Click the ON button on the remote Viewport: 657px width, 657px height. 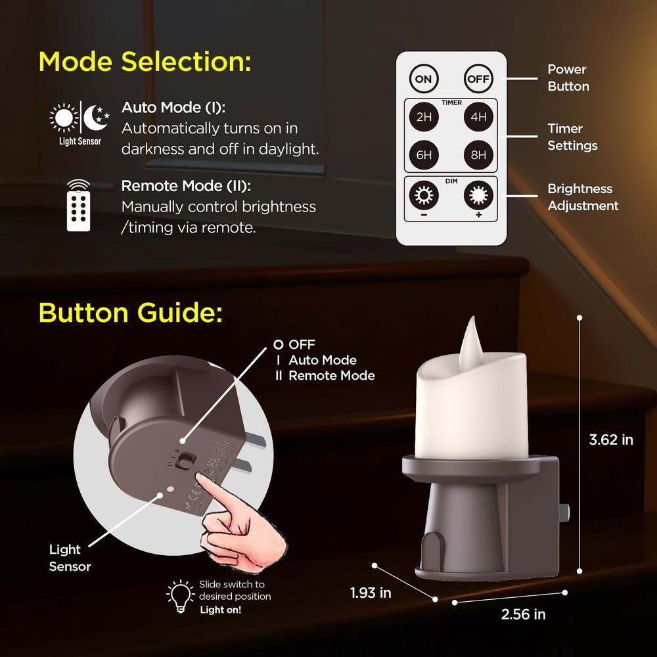pos(424,79)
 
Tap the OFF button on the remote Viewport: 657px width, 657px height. pos(479,79)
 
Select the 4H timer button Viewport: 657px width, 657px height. pos(479,118)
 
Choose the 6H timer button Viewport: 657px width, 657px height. pos(424,155)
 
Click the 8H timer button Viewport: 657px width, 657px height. pos(479,155)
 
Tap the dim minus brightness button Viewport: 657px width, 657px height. pos(424,196)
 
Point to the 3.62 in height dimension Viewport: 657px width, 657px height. pos(611,440)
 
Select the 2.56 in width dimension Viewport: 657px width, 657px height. pos(523,614)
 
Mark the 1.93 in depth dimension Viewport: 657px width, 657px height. pos(371,593)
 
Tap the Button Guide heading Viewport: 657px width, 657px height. pos(131,312)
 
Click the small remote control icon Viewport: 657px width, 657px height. pos(79,205)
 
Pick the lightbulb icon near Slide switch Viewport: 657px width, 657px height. pos(179,595)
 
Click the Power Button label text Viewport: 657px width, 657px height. pos(568,78)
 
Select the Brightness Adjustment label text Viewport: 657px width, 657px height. pos(583,197)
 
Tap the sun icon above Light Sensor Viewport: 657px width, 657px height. pos(64,118)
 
